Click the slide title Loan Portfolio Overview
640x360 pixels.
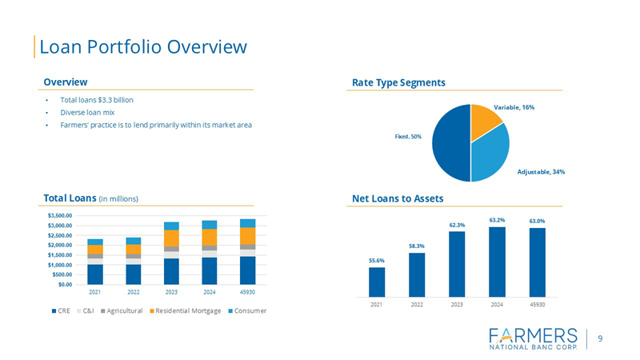point(142,47)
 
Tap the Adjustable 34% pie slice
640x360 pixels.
point(490,156)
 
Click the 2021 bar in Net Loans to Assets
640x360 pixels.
point(377,281)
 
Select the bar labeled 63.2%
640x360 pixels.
point(497,261)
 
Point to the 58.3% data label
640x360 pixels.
point(417,246)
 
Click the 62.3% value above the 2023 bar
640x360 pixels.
point(457,225)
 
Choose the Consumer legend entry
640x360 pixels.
point(248,310)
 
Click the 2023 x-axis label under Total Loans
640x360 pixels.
point(172,292)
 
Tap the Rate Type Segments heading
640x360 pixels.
point(398,82)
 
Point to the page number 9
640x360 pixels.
point(600,338)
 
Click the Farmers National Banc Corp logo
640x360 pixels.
point(532,338)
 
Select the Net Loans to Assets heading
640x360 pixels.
point(398,198)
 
